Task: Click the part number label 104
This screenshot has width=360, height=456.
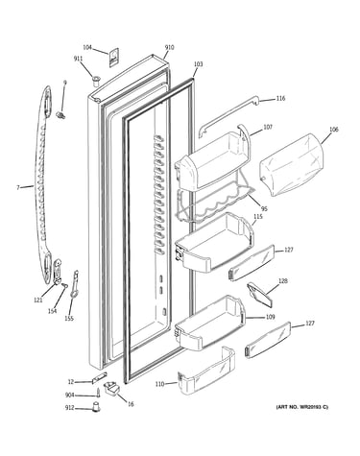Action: click(x=87, y=48)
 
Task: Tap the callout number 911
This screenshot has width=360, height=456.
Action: click(x=78, y=59)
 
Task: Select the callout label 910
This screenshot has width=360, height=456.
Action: click(x=170, y=48)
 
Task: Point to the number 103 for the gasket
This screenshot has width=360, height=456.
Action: click(x=199, y=64)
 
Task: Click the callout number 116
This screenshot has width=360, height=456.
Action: click(x=280, y=99)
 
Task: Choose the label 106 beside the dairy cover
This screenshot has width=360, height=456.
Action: click(x=333, y=130)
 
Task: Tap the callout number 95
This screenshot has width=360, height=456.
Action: click(x=264, y=209)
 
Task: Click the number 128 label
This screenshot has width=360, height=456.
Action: click(x=283, y=281)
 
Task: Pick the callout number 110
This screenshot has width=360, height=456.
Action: click(x=159, y=384)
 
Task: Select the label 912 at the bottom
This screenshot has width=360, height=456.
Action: click(x=70, y=408)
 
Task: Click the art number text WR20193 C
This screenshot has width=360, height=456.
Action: click(x=313, y=407)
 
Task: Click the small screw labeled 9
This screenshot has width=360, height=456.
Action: click(x=60, y=115)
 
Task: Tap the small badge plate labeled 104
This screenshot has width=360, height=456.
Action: click(x=114, y=58)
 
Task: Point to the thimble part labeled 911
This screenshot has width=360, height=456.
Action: click(x=96, y=80)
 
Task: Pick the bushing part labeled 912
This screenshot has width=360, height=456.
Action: click(x=96, y=408)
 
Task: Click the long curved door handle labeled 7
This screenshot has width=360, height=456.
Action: click(x=43, y=185)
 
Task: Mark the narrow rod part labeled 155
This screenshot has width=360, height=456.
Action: click(x=75, y=284)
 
